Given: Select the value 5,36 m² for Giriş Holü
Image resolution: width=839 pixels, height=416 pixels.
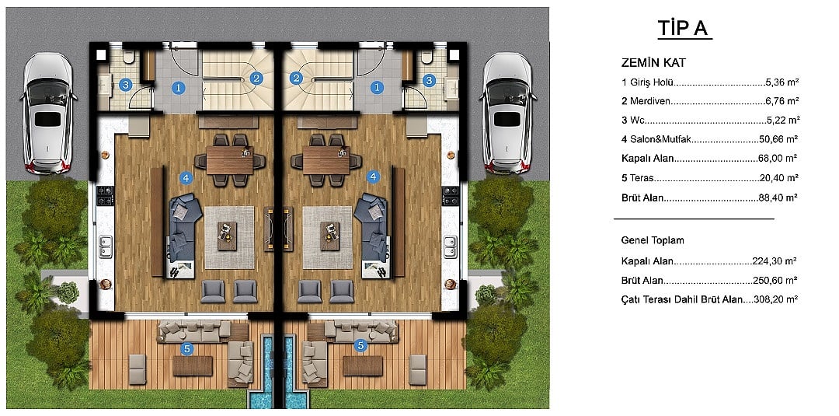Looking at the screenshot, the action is (782, 82).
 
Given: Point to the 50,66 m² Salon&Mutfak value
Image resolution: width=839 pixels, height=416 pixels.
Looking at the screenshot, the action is (778, 139).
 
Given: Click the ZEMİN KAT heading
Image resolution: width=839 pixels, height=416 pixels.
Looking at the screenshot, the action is (653, 63).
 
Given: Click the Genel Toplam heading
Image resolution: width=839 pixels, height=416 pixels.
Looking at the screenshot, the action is (653, 240).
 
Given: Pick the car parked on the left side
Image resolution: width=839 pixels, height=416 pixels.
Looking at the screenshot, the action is (47, 113).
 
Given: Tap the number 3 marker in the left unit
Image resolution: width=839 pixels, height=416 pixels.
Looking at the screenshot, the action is (125, 84).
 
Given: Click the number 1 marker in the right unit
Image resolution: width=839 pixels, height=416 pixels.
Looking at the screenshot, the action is (378, 87).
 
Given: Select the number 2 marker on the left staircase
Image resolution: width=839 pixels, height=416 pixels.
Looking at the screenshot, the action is (257, 79).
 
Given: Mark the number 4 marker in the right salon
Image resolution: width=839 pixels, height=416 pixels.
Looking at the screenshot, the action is (372, 177).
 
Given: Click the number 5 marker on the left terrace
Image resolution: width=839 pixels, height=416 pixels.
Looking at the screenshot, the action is (186, 349).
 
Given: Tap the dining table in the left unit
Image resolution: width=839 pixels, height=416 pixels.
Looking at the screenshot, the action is (230, 160).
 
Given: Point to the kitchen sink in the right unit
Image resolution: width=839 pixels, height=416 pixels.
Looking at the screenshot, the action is (450, 246).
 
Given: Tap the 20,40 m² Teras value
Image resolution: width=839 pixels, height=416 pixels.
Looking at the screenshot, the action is (778, 178).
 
